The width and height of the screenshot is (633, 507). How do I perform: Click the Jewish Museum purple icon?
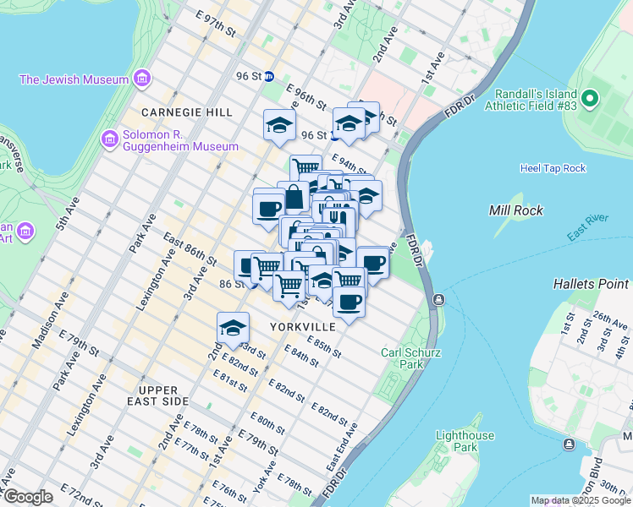point(140,80)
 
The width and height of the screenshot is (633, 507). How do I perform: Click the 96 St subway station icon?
point(269,76)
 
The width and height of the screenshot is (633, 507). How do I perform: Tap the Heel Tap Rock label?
point(553,168)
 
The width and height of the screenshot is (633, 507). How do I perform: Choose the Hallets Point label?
point(592,284)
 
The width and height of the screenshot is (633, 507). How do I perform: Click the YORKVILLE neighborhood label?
point(302,326)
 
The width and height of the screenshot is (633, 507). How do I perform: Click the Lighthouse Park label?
point(465,441)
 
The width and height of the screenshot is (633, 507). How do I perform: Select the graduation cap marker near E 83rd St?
point(233,328)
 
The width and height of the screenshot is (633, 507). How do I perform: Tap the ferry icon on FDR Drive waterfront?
point(438,300)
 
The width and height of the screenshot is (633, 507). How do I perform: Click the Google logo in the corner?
point(28,497)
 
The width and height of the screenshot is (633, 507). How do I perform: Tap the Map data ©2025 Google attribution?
point(580,500)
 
